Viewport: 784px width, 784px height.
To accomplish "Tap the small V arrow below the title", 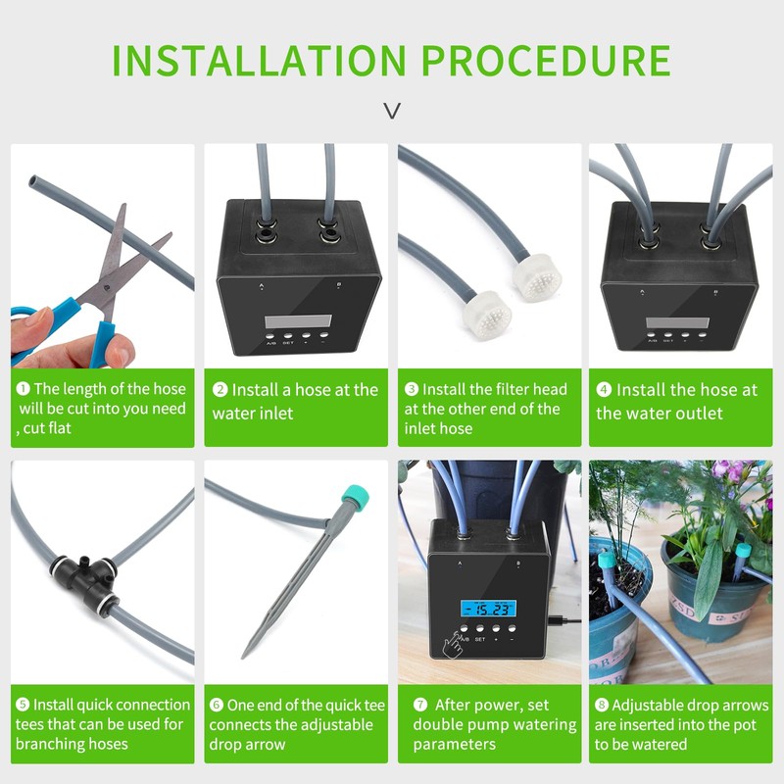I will [x=392, y=111].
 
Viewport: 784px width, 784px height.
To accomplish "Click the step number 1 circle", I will [x=23, y=389].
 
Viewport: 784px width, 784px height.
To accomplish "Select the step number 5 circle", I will [x=23, y=705].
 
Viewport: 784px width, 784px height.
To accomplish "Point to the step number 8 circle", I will [x=601, y=705].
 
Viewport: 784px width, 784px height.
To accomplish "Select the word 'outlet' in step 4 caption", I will [x=718, y=413].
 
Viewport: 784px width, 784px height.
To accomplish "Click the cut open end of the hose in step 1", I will [x=34, y=182].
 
